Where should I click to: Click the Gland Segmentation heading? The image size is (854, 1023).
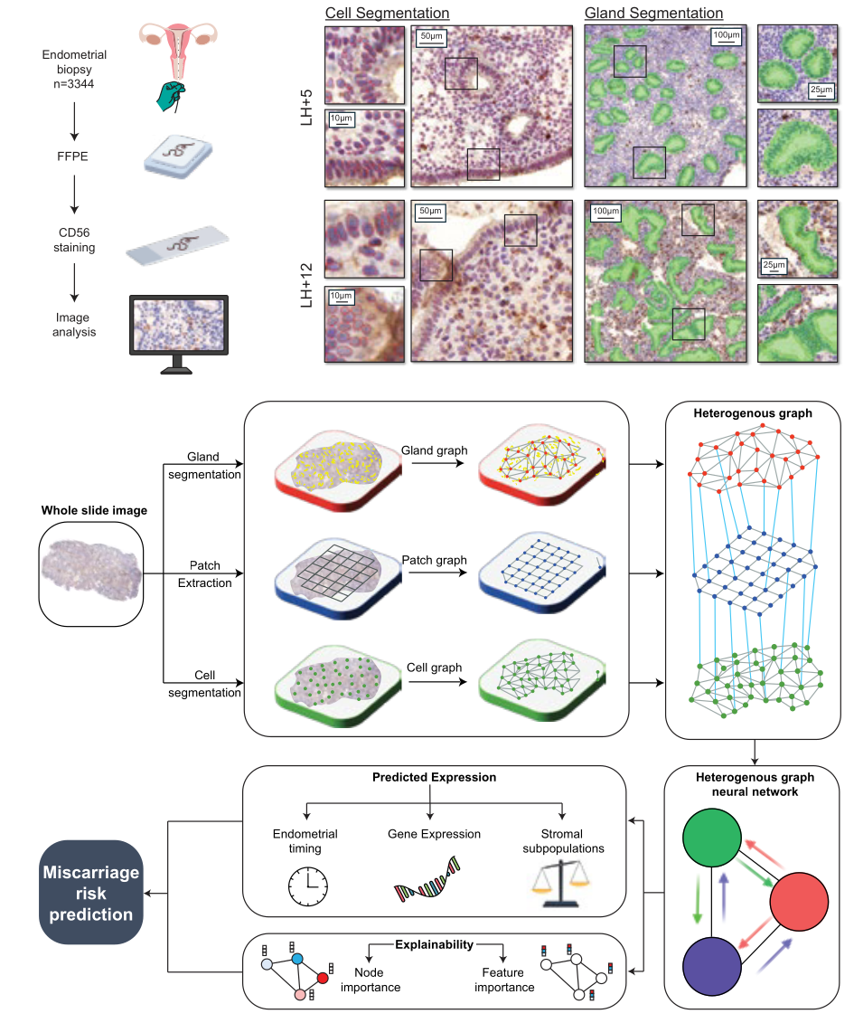[x=653, y=13]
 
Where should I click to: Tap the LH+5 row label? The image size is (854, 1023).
[x=307, y=107]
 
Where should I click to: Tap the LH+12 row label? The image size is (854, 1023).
[x=307, y=282]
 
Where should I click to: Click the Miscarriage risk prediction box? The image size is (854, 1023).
[x=90, y=893]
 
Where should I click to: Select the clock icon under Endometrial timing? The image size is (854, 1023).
[x=306, y=888]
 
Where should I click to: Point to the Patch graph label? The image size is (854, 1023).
[x=435, y=560]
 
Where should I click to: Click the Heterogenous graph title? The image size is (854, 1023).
[x=753, y=413]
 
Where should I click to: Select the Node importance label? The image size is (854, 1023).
[x=371, y=980]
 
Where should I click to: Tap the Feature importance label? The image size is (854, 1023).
[x=504, y=980]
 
